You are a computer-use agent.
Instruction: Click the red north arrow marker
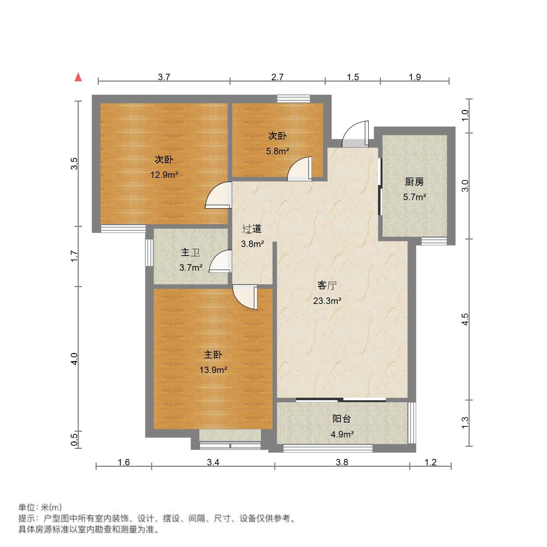[78, 77]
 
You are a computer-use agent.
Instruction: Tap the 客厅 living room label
[327, 286]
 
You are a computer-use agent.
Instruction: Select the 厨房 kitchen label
[415, 182]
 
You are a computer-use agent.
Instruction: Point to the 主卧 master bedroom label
[213, 355]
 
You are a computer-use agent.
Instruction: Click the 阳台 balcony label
[342, 418]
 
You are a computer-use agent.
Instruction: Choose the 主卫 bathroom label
[190, 252]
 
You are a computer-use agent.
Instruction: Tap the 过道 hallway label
[252, 229]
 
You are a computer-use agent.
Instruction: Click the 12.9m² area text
[164, 175]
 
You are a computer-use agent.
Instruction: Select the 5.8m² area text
[277, 151]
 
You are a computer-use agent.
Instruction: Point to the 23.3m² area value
[327, 301]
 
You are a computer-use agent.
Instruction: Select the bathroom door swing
[220, 262]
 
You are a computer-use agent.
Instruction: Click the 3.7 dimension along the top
[164, 77]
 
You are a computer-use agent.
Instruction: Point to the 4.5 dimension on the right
[465, 319]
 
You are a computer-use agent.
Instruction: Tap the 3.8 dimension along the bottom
[342, 462]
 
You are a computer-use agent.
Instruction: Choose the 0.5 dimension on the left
[74, 440]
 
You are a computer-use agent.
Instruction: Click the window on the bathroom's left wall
[149, 252]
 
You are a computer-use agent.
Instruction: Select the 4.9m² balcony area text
[342, 434]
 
